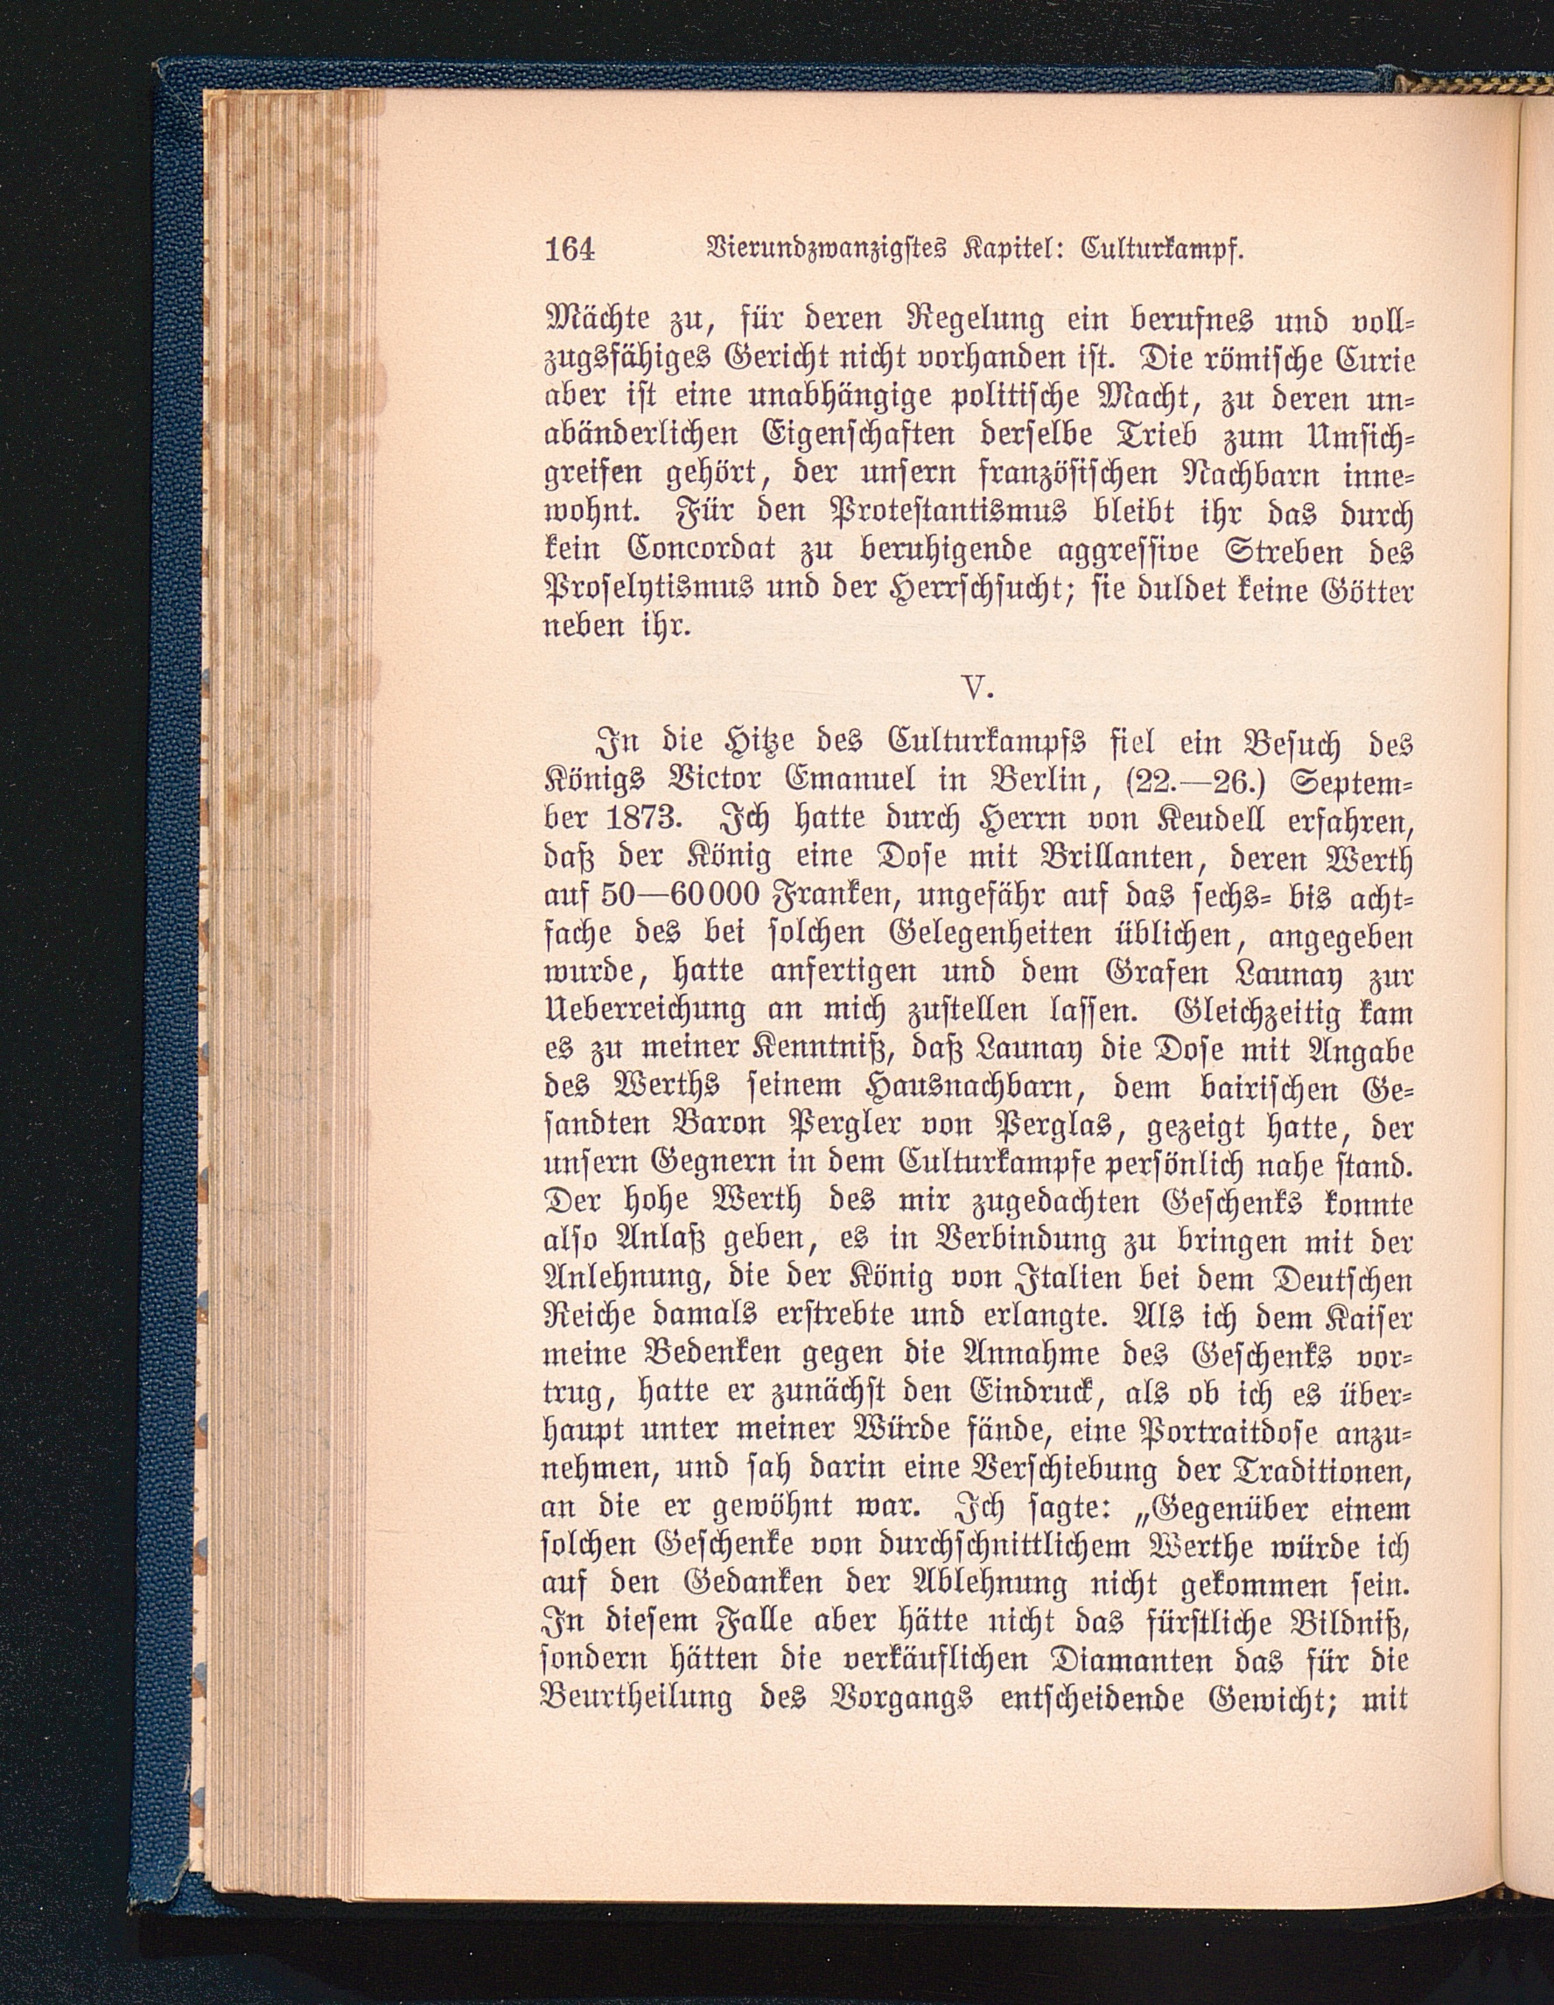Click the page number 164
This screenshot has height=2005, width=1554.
570,249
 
